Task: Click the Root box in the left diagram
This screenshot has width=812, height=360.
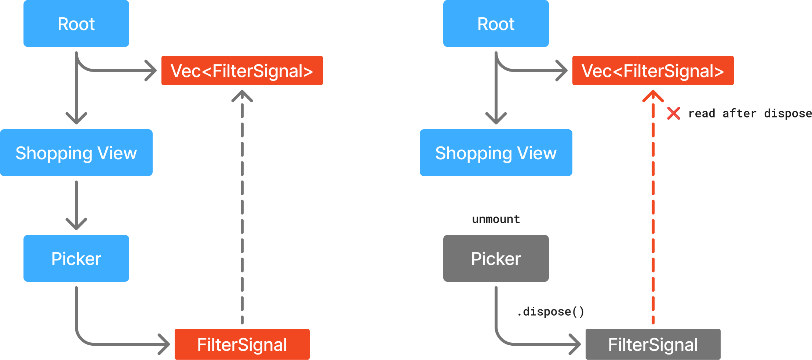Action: [x=76, y=23]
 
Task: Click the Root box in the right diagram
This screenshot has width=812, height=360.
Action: [x=496, y=23]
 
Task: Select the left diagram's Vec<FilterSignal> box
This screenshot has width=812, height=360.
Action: [x=242, y=70]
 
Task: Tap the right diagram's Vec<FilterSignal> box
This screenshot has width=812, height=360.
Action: [x=653, y=70]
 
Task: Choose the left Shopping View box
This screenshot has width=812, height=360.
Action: [x=76, y=153]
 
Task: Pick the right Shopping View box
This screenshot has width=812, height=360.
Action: [x=496, y=153]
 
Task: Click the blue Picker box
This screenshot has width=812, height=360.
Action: [x=76, y=258]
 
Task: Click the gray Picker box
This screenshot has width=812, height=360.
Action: [x=496, y=258]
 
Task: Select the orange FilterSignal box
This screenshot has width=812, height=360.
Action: [x=242, y=344]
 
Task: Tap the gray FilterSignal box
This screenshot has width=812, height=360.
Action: [x=653, y=344]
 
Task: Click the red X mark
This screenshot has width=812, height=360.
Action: [x=673, y=113]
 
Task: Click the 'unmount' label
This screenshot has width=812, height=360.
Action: [x=496, y=219]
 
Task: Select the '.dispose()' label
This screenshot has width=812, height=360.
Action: [x=550, y=312]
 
